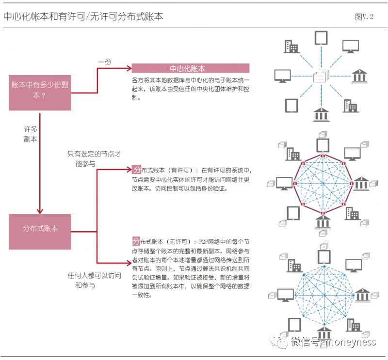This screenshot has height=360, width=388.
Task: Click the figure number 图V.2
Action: click(x=364, y=17)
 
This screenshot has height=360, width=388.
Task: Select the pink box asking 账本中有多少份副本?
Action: click(x=40, y=93)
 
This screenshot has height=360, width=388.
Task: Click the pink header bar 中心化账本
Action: click(x=190, y=68)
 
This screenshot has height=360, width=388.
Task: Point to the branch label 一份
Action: click(x=105, y=62)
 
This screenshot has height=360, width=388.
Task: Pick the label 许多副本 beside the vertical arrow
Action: click(x=31, y=134)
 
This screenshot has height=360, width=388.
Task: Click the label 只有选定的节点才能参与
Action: click(x=94, y=159)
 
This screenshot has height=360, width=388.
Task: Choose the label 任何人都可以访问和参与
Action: click(x=94, y=280)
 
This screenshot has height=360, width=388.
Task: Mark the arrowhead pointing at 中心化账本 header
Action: click(x=129, y=68)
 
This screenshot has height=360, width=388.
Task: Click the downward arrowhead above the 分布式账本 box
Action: click(x=40, y=211)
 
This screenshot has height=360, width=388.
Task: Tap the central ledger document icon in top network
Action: click(x=321, y=76)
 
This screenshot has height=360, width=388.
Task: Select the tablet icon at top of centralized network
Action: click(x=321, y=38)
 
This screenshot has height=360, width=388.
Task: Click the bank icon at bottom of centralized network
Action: click(x=321, y=114)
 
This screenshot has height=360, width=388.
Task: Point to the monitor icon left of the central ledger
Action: click(x=282, y=76)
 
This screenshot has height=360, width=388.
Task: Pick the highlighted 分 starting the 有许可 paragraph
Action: click(x=136, y=170)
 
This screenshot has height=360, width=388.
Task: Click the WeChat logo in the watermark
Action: click(x=279, y=342)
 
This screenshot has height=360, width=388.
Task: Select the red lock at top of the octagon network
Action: click(x=323, y=156)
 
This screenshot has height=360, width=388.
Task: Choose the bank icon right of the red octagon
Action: click(x=361, y=184)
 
